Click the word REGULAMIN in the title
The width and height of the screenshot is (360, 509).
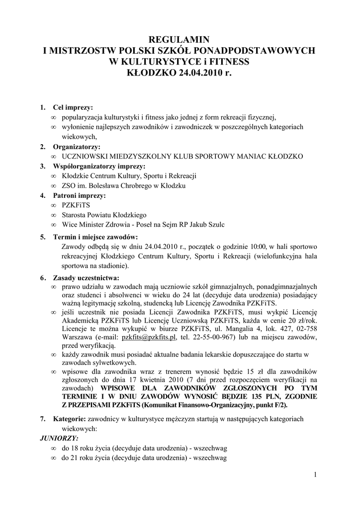180,40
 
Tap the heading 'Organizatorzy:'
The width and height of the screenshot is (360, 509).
77,147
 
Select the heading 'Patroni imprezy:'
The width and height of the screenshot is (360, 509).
80,195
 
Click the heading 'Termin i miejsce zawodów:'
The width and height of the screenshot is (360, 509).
95,237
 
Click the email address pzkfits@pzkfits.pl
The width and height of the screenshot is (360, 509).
149,337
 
